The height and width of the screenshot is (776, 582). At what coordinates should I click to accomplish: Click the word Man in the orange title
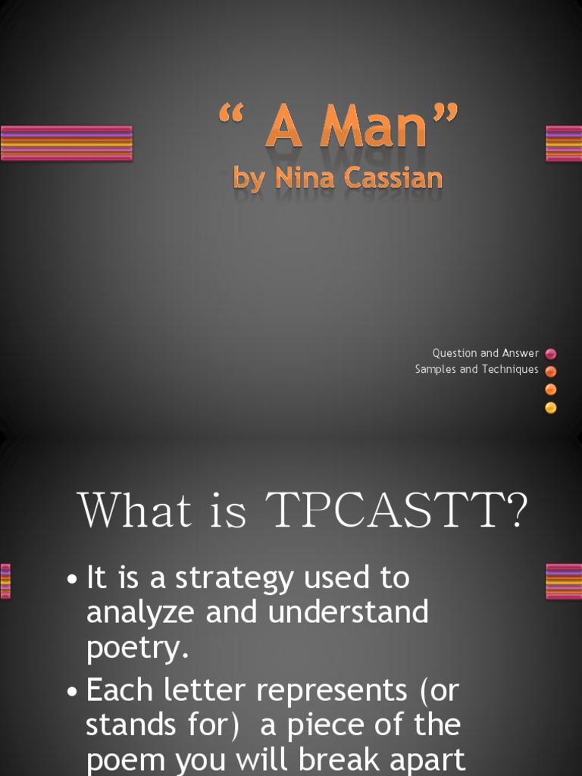pos(373,130)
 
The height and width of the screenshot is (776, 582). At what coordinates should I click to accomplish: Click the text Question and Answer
pos(486,353)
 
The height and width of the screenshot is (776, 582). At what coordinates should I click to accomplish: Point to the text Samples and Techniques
pos(477,370)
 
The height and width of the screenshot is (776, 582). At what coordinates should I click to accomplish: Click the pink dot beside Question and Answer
pos(551,354)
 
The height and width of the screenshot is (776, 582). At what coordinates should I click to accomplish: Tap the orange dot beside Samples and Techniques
pos(551,371)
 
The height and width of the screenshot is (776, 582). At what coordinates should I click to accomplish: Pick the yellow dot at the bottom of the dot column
pos(551,408)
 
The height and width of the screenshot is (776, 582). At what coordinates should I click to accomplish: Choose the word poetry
pos(136,648)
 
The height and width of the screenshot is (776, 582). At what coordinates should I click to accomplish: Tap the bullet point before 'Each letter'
pos(72,691)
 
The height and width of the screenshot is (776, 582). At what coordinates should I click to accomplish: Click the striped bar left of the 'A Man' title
pos(67,143)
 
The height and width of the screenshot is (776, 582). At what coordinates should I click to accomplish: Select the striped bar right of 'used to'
pos(563,581)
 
